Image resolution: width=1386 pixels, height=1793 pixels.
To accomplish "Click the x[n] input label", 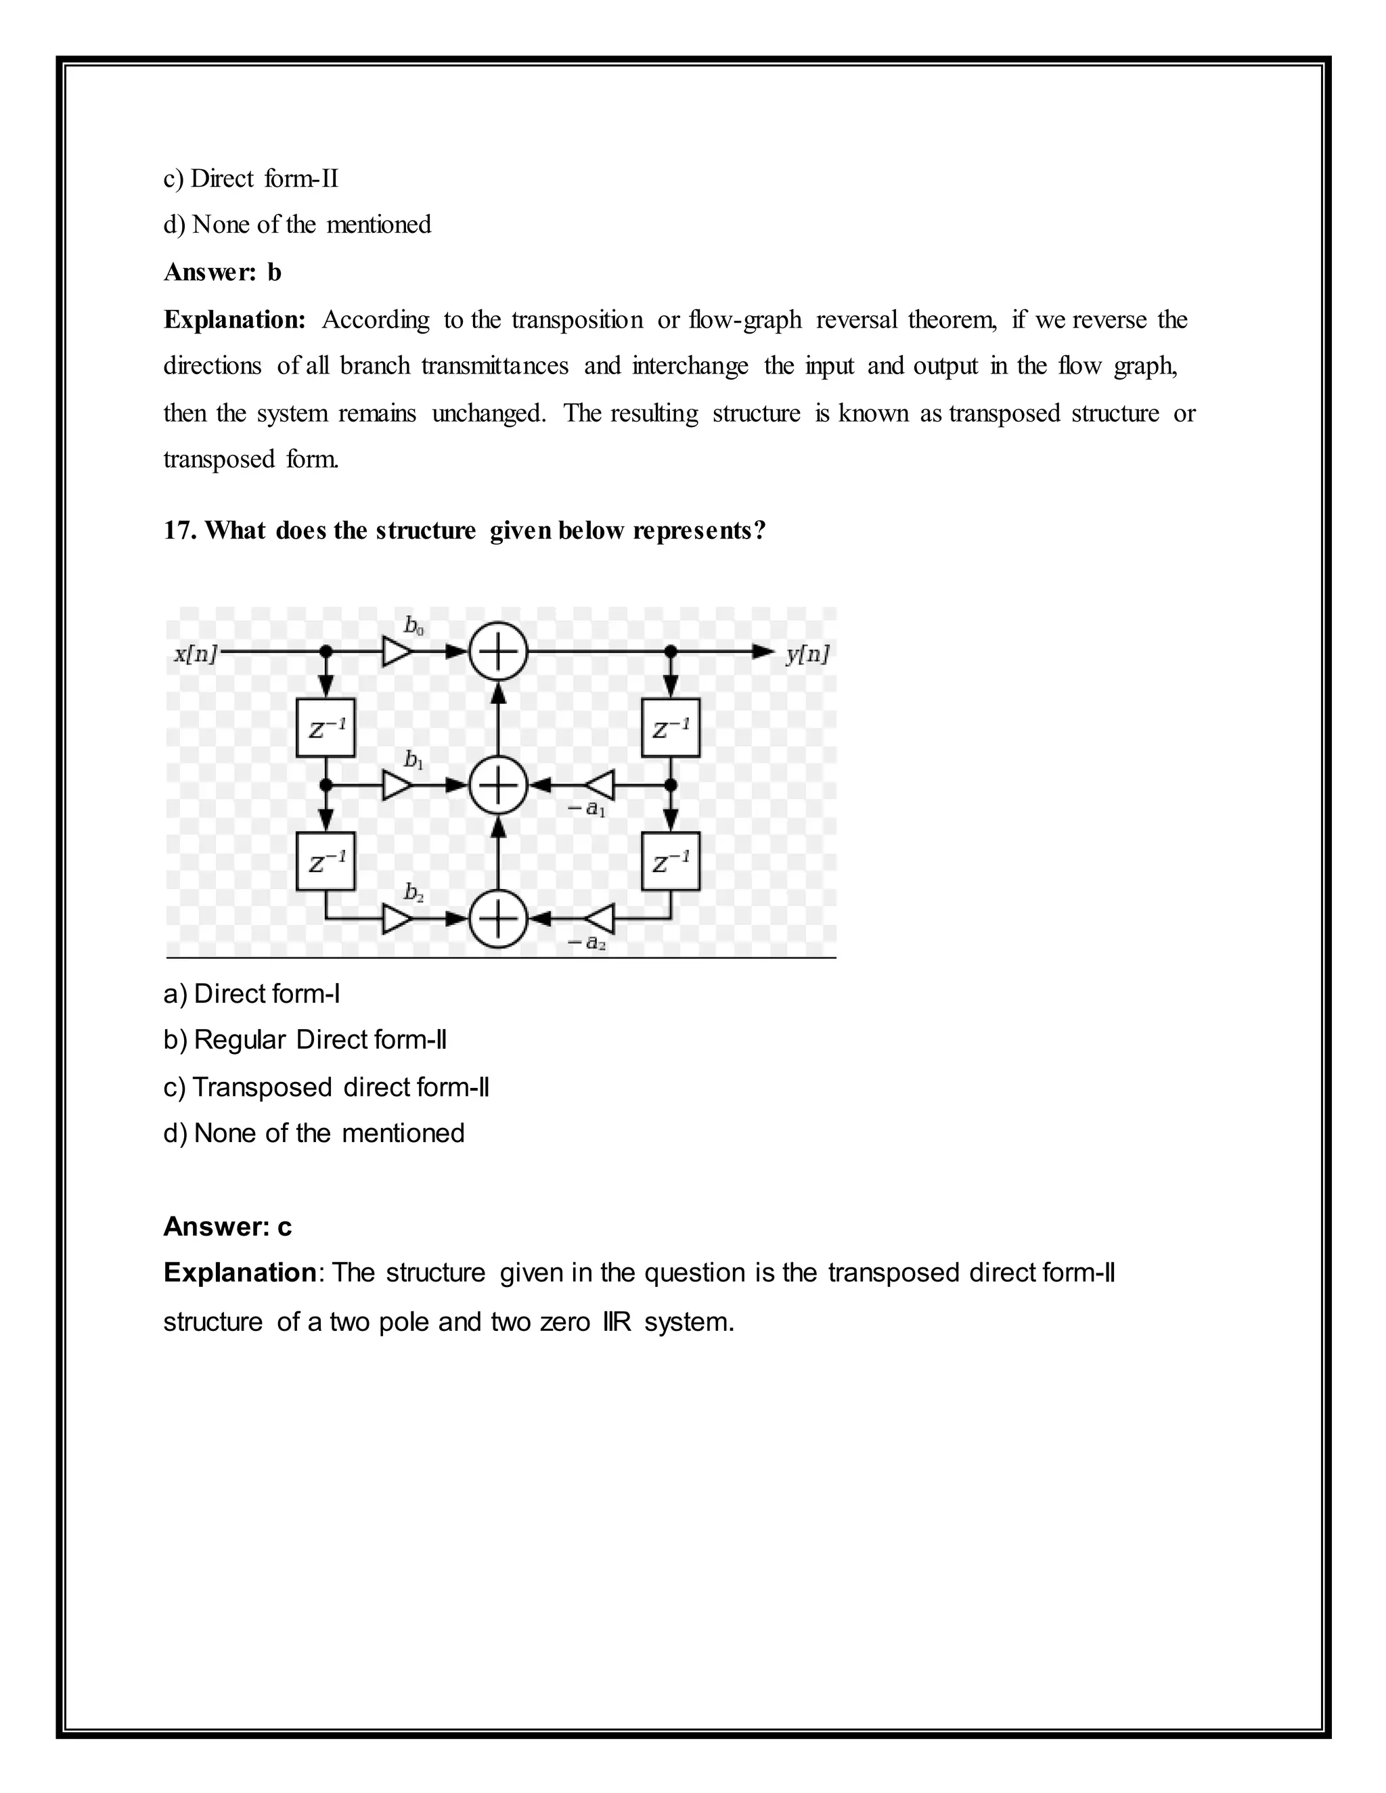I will coord(196,654).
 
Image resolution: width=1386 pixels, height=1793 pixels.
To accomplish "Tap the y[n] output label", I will coord(806,654).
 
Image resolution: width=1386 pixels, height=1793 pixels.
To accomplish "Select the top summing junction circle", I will coord(497,652).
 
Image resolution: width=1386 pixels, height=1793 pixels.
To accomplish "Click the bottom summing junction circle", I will coord(497,920).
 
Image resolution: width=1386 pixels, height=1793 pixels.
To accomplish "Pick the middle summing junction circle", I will coord(497,786).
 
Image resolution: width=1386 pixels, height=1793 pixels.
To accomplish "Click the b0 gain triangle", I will coord(397,652).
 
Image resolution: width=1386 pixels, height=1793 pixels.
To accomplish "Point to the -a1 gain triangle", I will coord(600,786).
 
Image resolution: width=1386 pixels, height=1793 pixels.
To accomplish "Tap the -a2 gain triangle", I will coord(600,920).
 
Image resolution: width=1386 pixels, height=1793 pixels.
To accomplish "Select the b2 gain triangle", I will coord(397,920).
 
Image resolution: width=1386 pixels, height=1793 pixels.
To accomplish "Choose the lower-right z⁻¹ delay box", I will coord(671,861).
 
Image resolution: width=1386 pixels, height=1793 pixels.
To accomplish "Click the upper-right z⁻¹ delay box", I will coord(671,727).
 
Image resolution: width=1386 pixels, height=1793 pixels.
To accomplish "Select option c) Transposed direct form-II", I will coord(326,1087).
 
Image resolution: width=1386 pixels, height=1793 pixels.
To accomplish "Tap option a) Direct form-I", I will coord(251,994).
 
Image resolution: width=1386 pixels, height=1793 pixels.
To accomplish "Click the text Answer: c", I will coord(227,1227).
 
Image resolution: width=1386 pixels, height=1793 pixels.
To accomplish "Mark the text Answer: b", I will coord(223,272).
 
